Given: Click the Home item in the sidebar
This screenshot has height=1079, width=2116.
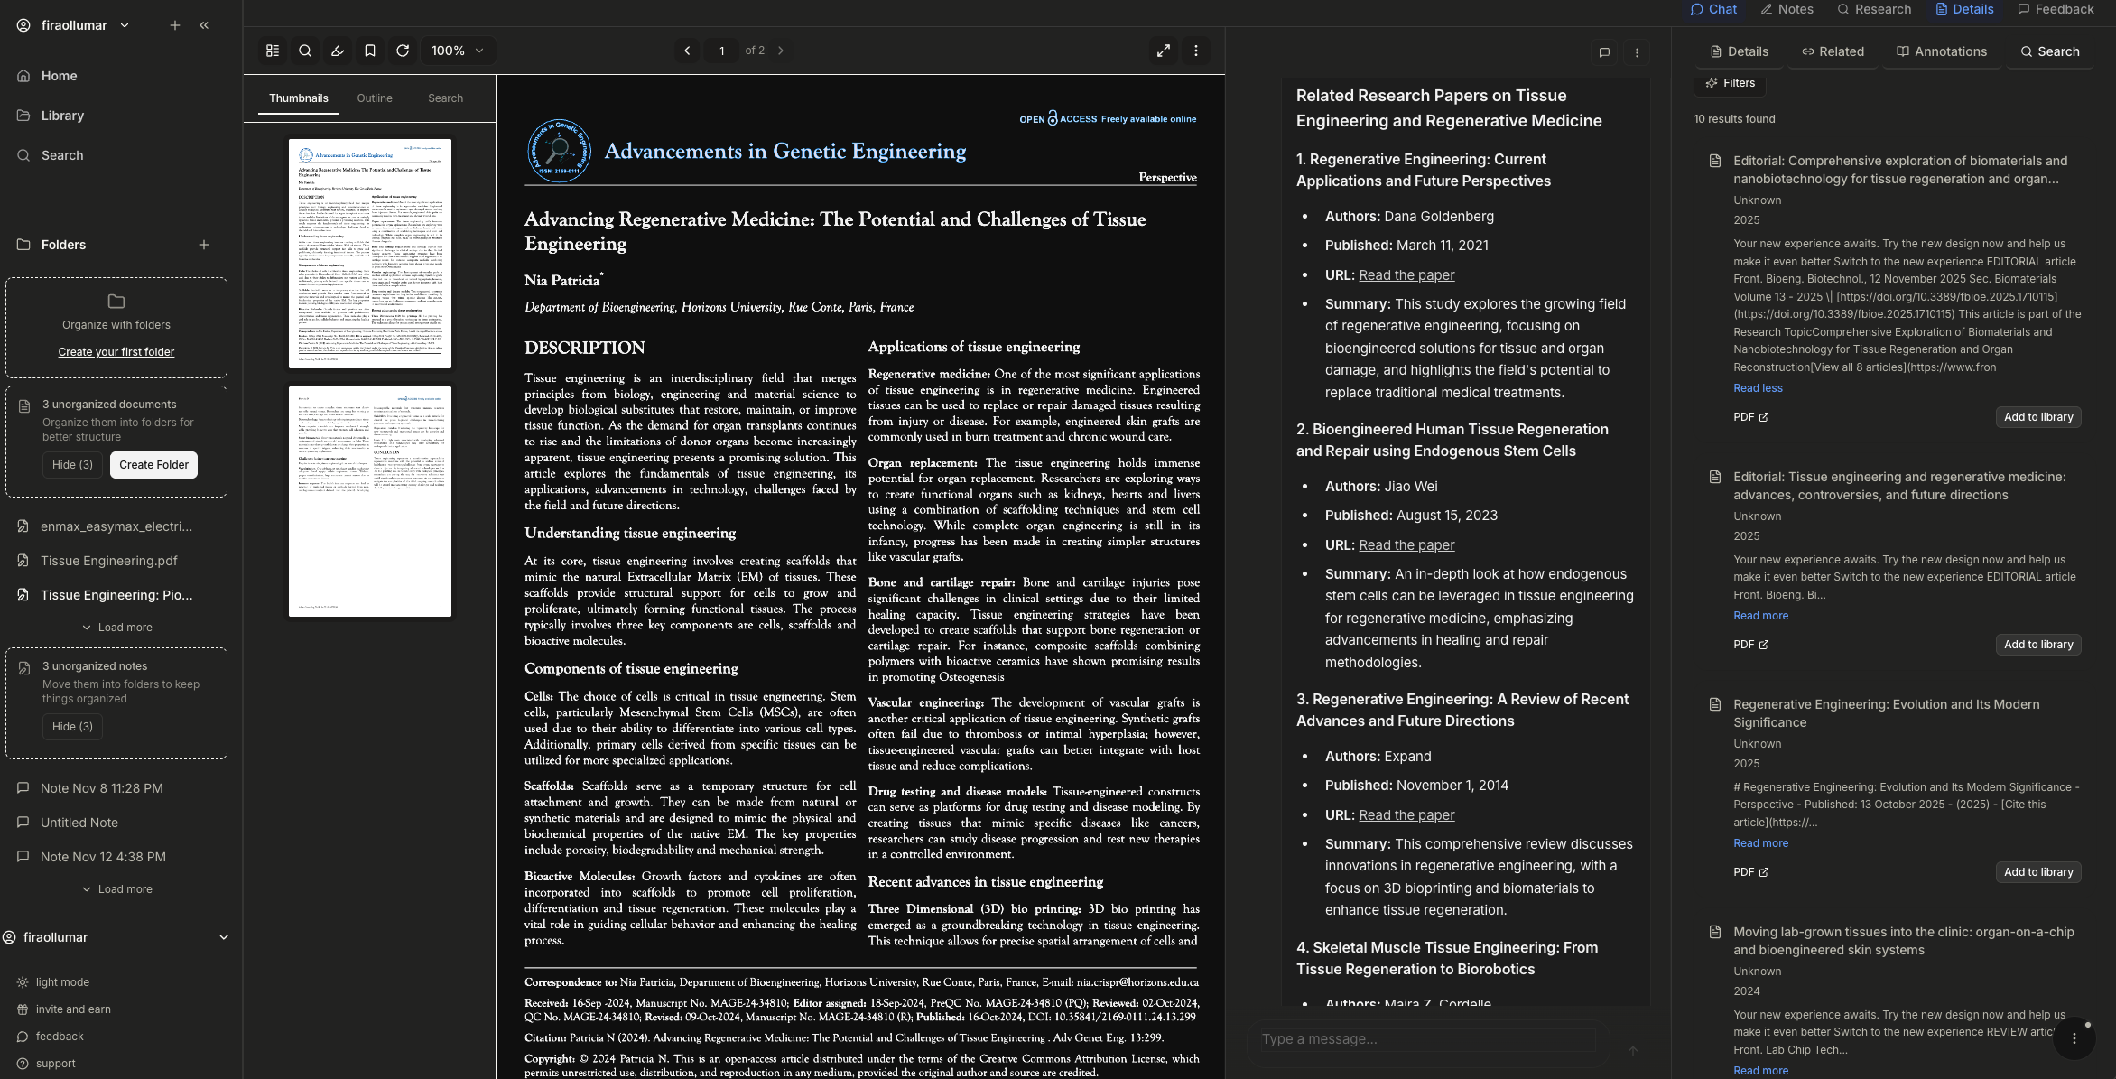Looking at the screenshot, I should coord(59,76).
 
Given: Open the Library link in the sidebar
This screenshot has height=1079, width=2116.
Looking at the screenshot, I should coord(62,116).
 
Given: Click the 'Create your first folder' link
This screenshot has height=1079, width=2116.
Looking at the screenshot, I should coord(116,352).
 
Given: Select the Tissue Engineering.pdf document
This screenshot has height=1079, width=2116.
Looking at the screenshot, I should coord(108,561).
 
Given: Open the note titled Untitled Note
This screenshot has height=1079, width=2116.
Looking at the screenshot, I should coord(79,823).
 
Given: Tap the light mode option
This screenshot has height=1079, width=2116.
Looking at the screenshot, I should coord(62,982).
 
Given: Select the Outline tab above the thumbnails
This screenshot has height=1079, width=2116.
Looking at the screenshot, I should coord(375,98).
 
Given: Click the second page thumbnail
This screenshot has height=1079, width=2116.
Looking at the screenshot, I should coord(370,502).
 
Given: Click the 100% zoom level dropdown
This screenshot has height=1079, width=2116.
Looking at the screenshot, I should coord(458,51).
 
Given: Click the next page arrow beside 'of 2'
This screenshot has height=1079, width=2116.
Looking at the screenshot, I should coord(781,51).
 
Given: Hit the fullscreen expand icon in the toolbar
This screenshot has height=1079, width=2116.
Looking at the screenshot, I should coord(1164,51).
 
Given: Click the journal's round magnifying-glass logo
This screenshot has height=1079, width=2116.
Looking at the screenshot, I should coord(559,151).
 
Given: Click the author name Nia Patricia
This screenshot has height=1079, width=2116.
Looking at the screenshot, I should coord(561,281).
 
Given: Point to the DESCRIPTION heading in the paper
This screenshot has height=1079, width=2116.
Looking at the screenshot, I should coord(585,349).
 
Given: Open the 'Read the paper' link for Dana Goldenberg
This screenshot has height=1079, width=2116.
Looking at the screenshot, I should coord(1406,275).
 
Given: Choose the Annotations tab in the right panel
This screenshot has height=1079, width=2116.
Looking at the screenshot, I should coord(1942,51).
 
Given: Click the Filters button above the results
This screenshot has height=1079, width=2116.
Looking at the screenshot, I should coord(1731,83).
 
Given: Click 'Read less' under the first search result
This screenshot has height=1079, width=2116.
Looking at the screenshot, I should coord(1758,388).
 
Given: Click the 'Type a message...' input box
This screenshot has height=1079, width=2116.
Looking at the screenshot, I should coord(1426,1039).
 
